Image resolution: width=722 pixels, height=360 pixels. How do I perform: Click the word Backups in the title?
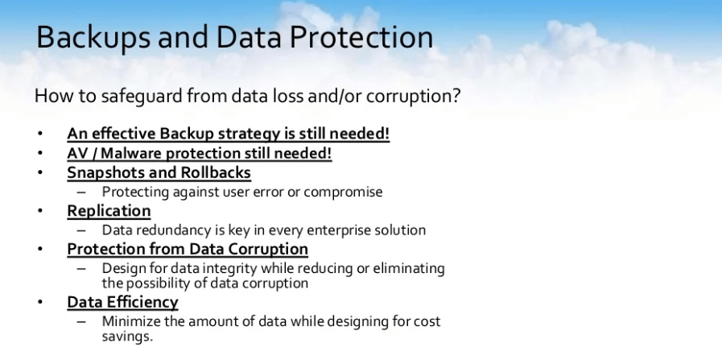pos(93,38)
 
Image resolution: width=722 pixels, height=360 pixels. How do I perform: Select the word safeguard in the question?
pos(142,97)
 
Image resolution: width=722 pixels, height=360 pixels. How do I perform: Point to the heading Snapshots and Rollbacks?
pos(159,172)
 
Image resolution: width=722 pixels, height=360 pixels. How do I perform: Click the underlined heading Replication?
pos(109,211)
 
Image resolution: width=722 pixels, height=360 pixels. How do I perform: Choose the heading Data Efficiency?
pos(122,302)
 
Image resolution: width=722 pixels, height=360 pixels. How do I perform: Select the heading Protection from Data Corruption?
pos(188,249)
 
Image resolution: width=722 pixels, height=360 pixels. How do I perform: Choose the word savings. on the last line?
pos(127,337)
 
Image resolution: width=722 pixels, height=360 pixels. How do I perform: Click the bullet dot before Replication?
pos(40,211)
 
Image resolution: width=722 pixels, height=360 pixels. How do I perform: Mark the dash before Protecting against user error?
pos(81,192)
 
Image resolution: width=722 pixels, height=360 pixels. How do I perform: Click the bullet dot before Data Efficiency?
pos(40,302)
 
